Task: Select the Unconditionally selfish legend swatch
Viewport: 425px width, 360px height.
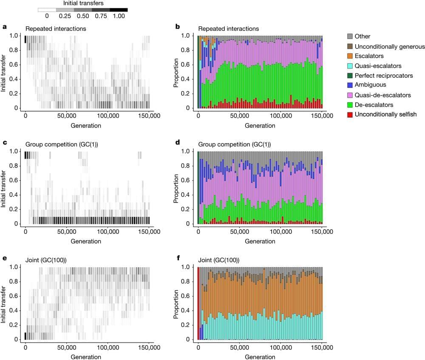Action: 350,114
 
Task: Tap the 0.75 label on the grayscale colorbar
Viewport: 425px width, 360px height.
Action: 101,16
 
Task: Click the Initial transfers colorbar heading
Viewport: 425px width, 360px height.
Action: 82,3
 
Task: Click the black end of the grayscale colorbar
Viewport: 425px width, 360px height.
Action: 119,9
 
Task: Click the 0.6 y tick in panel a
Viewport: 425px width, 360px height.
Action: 16,65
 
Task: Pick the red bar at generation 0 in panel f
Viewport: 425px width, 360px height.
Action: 198,303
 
